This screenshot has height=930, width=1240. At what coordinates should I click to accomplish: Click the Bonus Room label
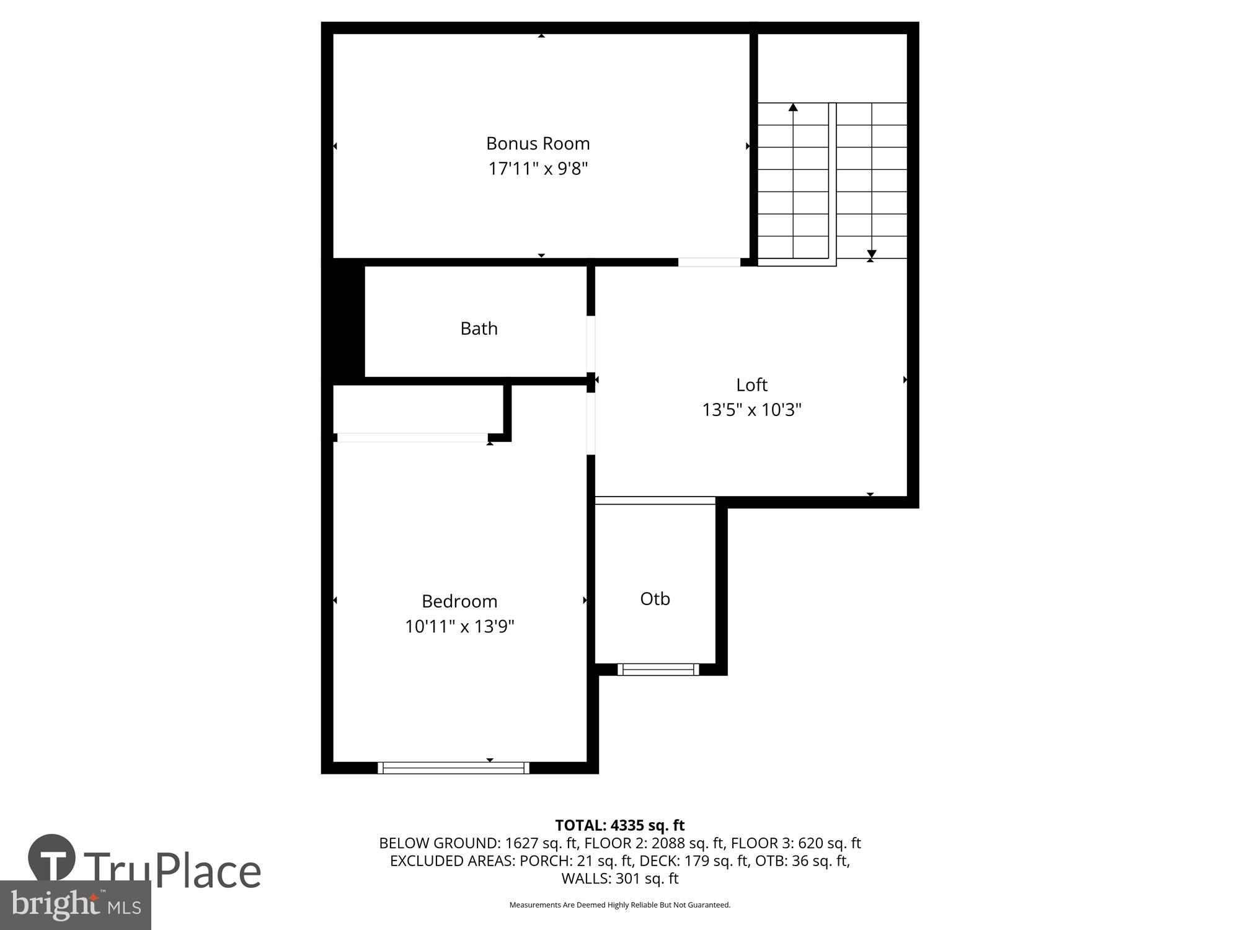pyautogui.click(x=538, y=143)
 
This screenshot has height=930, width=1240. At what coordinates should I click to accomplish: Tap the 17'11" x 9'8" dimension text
pyautogui.click(x=538, y=169)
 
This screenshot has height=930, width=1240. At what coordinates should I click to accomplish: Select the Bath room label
pyautogui.click(x=479, y=328)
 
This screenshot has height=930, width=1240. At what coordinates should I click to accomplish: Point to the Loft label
pyautogui.click(x=751, y=384)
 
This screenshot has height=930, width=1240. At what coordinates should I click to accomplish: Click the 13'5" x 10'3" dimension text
pyautogui.click(x=751, y=410)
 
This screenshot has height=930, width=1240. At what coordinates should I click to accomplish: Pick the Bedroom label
pyautogui.click(x=459, y=601)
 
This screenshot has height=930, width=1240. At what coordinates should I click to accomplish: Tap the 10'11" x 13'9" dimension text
pyautogui.click(x=459, y=626)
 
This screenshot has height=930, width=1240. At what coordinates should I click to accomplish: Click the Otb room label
pyautogui.click(x=655, y=598)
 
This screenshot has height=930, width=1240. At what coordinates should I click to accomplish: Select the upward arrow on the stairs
pyautogui.click(x=793, y=108)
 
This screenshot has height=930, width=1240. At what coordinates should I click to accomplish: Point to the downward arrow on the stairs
pyautogui.click(x=872, y=254)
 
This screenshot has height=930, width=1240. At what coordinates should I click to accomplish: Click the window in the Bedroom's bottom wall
pyautogui.click(x=453, y=768)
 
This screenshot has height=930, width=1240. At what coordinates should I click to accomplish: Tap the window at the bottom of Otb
pyautogui.click(x=658, y=669)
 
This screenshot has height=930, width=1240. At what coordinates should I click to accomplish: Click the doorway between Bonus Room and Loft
pyautogui.click(x=709, y=262)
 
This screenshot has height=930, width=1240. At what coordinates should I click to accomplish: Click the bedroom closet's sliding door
pyautogui.click(x=412, y=438)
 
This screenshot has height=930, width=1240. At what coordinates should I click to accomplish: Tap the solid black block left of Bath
pyautogui.click(x=343, y=319)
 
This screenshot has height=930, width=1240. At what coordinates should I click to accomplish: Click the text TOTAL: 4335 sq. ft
pyautogui.click(x=619, y=825)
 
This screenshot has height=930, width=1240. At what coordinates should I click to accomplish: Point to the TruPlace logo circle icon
pyautogui.click(x=52, y=858)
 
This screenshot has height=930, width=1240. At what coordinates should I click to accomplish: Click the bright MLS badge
pyautogui.click(x=75, y=905)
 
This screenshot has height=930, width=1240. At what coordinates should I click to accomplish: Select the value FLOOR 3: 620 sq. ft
pyautogui.click(x=795, y=843)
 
